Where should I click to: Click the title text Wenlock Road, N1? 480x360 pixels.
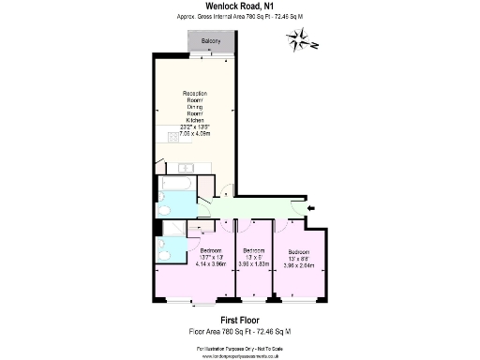click(239, 7)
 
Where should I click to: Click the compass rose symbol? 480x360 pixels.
click(305, 40)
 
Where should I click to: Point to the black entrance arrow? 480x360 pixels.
click(312, 207)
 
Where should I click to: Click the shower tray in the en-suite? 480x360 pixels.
click(172, 229)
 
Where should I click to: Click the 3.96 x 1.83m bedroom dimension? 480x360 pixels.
click(252, 264)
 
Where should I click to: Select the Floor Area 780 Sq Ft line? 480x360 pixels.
click(239, 332)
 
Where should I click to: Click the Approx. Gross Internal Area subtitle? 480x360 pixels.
click(239, 18)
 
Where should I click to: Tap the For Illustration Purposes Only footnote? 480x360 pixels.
click(239, 349)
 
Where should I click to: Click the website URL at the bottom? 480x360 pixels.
click(239, 356)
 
